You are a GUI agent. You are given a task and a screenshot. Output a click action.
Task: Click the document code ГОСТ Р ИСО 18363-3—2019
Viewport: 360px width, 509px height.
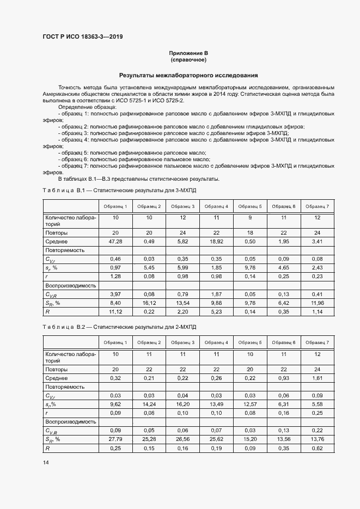83,36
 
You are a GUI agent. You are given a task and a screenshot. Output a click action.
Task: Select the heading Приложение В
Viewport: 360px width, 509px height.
188,53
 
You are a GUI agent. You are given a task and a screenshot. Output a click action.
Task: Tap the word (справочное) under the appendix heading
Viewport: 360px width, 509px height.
188,59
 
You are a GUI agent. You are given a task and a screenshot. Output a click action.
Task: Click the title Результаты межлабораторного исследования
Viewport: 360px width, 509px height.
188,75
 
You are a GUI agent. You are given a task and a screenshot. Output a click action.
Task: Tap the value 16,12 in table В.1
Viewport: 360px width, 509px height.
148,303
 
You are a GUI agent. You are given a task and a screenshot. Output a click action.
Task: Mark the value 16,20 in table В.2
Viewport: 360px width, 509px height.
182,404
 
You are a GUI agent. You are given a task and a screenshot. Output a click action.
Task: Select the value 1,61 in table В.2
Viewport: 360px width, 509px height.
318,377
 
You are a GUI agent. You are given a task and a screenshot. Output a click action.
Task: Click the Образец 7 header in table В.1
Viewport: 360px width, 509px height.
318,206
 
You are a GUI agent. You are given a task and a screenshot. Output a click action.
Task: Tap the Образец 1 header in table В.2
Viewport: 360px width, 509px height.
114,342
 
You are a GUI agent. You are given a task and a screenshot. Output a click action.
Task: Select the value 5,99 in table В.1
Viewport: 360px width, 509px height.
182,267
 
